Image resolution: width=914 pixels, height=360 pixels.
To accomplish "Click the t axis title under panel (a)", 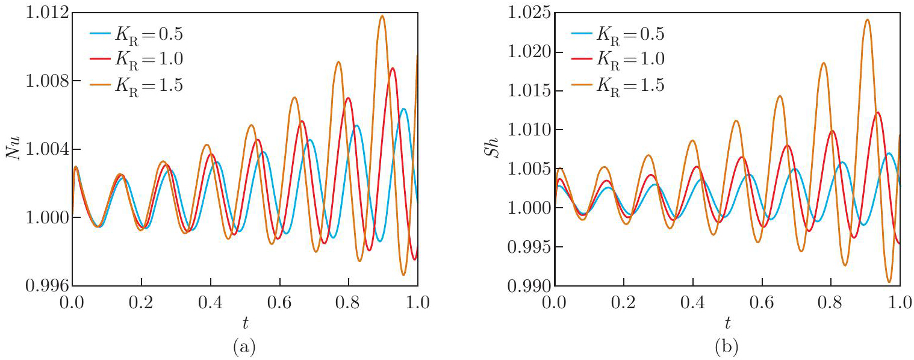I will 245,323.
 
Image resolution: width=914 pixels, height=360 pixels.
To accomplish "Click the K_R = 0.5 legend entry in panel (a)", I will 135,34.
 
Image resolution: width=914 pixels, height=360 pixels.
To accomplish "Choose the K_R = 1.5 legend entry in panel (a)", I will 135,85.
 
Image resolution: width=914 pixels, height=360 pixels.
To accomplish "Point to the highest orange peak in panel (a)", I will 382,16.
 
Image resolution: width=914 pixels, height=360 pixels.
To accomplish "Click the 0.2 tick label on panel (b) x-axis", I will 623,300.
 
